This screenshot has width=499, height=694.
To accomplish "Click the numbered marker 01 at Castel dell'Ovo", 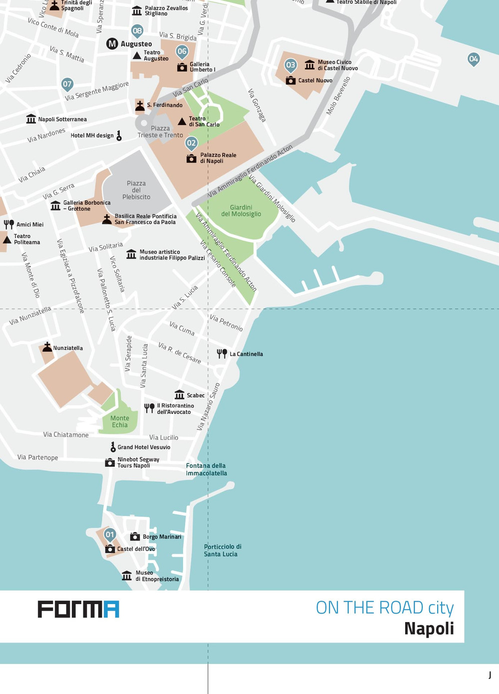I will (110, 535).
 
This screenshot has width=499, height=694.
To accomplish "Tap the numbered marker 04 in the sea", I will (474, 59).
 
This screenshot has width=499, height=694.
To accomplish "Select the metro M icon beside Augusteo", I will (112, 44).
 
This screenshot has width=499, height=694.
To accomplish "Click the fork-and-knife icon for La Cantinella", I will (222, 353).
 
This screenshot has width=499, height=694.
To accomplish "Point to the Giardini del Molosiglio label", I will (241, 211).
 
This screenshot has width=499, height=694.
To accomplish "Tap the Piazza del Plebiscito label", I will (136, 190).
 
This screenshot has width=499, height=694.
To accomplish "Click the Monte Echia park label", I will (120, 421).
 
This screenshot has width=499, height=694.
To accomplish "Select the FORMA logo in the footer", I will (78, 609).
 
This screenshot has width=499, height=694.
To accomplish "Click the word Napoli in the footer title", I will (429, 628).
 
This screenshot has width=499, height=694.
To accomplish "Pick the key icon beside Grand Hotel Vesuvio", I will (113, 447).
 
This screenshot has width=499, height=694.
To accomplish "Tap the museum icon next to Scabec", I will (180, 395).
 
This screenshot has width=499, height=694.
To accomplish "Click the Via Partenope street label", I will (37, 457).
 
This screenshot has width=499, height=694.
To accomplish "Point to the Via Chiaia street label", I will (31, 174).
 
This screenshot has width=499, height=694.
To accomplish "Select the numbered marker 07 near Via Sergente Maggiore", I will (67, 84).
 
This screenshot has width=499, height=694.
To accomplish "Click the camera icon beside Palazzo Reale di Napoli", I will (191, 159).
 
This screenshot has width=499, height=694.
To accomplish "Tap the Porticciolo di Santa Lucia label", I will (223, 550).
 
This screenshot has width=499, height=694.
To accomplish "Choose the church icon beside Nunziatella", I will (47, 347).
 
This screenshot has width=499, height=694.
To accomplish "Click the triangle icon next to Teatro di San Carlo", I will (182, 121).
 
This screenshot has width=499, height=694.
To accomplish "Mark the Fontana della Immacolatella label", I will (206, 469).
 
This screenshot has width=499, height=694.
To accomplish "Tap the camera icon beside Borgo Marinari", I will (135, 537).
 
